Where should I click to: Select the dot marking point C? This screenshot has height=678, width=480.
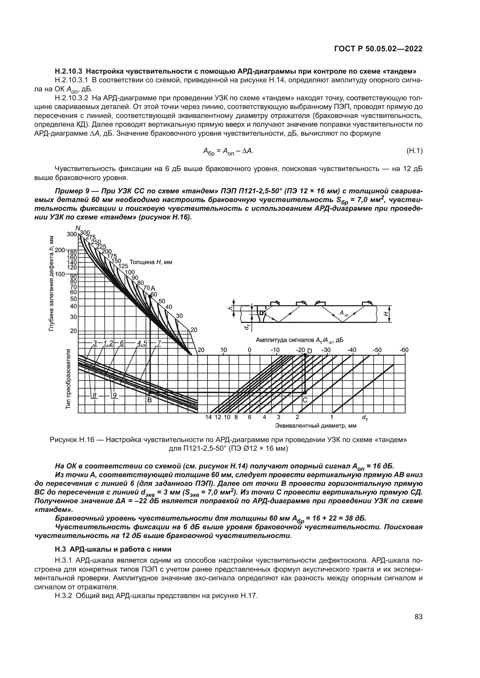point(305,393)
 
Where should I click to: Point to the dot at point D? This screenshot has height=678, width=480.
point(305,355)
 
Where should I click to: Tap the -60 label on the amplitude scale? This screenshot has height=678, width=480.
point(404,350)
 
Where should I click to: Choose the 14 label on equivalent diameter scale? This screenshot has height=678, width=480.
point(209,417)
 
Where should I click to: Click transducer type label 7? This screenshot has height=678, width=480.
point(159,343)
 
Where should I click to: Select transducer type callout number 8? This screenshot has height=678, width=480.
point(94,396)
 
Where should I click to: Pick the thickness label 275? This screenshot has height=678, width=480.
point(91,237)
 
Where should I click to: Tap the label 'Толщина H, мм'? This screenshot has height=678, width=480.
point(151,262)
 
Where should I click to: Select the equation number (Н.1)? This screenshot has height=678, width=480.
point(414,151)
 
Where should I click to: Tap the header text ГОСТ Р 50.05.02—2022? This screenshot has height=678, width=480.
point(378,49)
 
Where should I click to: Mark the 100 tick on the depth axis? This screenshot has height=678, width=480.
point(60,274)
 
